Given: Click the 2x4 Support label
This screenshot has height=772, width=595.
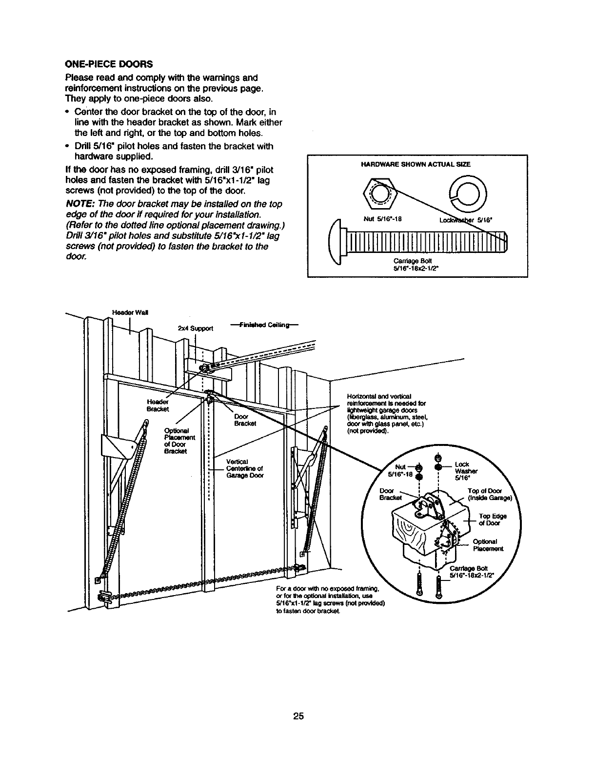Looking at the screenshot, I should tap(196, 328).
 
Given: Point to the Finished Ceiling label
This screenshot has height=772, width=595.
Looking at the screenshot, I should tap(262, 325).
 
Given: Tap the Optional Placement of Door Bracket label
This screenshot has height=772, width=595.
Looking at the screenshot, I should tap(179, 441).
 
